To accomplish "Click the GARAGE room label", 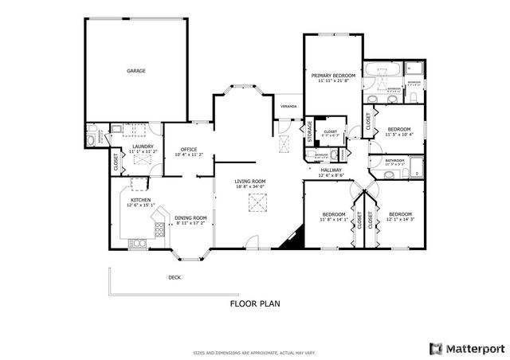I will pyautogui.click(x=135, y=71).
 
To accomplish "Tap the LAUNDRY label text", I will pyautogui.click(x=143, y=146).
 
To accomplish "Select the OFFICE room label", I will pyautogui.click(x=189, y=149).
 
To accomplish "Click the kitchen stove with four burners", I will pyautogui.click(x=159, y=229).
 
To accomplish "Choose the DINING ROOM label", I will pyautogui.click(x=190, y=217).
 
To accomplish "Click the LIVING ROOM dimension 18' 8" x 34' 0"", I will pyautogui.click(x=249, y=187).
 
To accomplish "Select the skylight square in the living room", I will pyautogui.click(x=257, y=203).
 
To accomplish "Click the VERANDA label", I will pyautogui.click(x=288, y=106).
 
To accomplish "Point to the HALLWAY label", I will pyautogui.click(x=331, y=170).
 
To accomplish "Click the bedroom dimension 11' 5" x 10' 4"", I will pyautogui.click(x=398, y=135).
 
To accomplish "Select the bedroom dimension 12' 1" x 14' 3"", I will pyautogui.click(x=399, y=220).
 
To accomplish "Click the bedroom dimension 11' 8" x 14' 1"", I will pyautogui.click(x=333, y=220).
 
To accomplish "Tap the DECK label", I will pyautogui.click(x=174, y=277).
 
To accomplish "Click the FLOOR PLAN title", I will pyautogui.click(x=254, y=303).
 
